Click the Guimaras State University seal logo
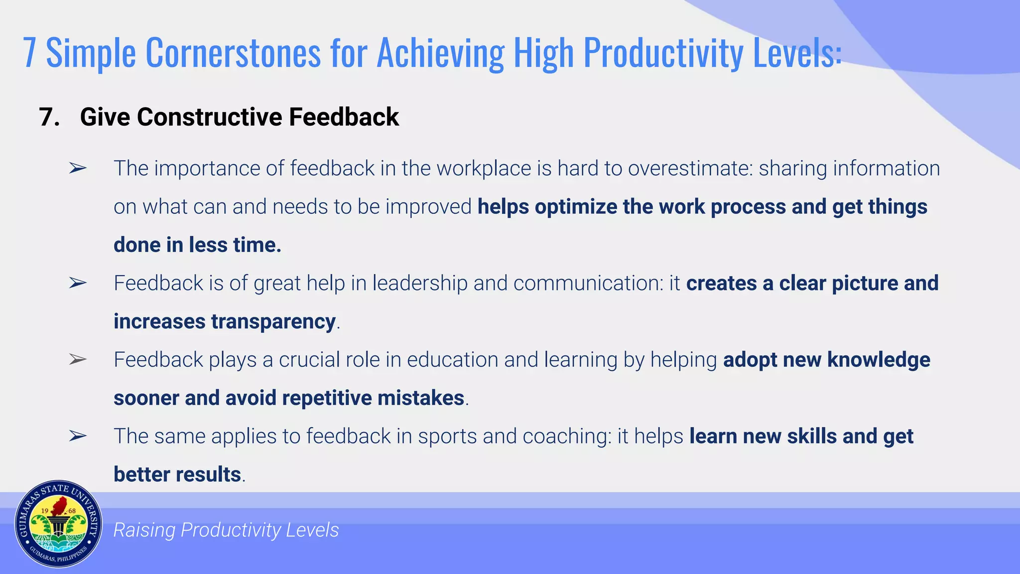[58, 524]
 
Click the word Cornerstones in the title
[233, 53]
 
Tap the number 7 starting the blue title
[30, 53]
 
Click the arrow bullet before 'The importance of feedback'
[78, 168]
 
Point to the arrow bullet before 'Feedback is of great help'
[78, 283]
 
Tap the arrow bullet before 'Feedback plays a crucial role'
[78, 359]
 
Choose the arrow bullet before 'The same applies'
[78, 436]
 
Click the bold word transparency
[273, 321]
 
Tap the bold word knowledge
[879, 360]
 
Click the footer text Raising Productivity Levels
[226, 530]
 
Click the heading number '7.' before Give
[49, 117]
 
